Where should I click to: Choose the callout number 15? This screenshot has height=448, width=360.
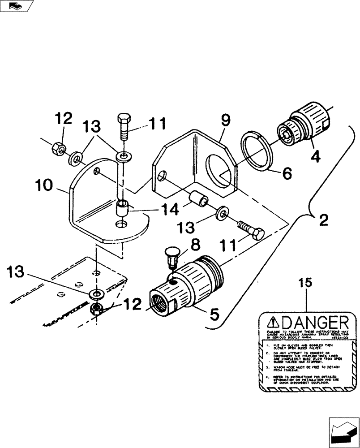point(306,284)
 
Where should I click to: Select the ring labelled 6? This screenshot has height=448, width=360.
point(257,151)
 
